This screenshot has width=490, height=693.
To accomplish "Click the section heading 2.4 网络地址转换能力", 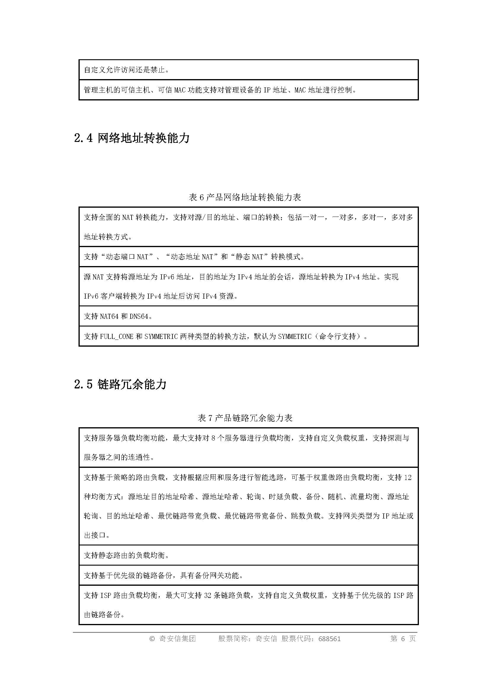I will (132, 138).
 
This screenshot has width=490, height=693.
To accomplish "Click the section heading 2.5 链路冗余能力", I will (120, 385).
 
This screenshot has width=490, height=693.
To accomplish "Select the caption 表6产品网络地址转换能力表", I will (245, 197).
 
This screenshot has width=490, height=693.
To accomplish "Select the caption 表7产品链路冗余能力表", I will (245, 418).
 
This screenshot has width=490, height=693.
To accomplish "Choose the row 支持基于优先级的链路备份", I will (163, 575).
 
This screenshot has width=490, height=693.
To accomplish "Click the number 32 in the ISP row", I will (208, 595).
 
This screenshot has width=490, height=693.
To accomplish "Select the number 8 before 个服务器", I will (213, 438).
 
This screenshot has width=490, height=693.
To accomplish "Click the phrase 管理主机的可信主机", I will (117, 90).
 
